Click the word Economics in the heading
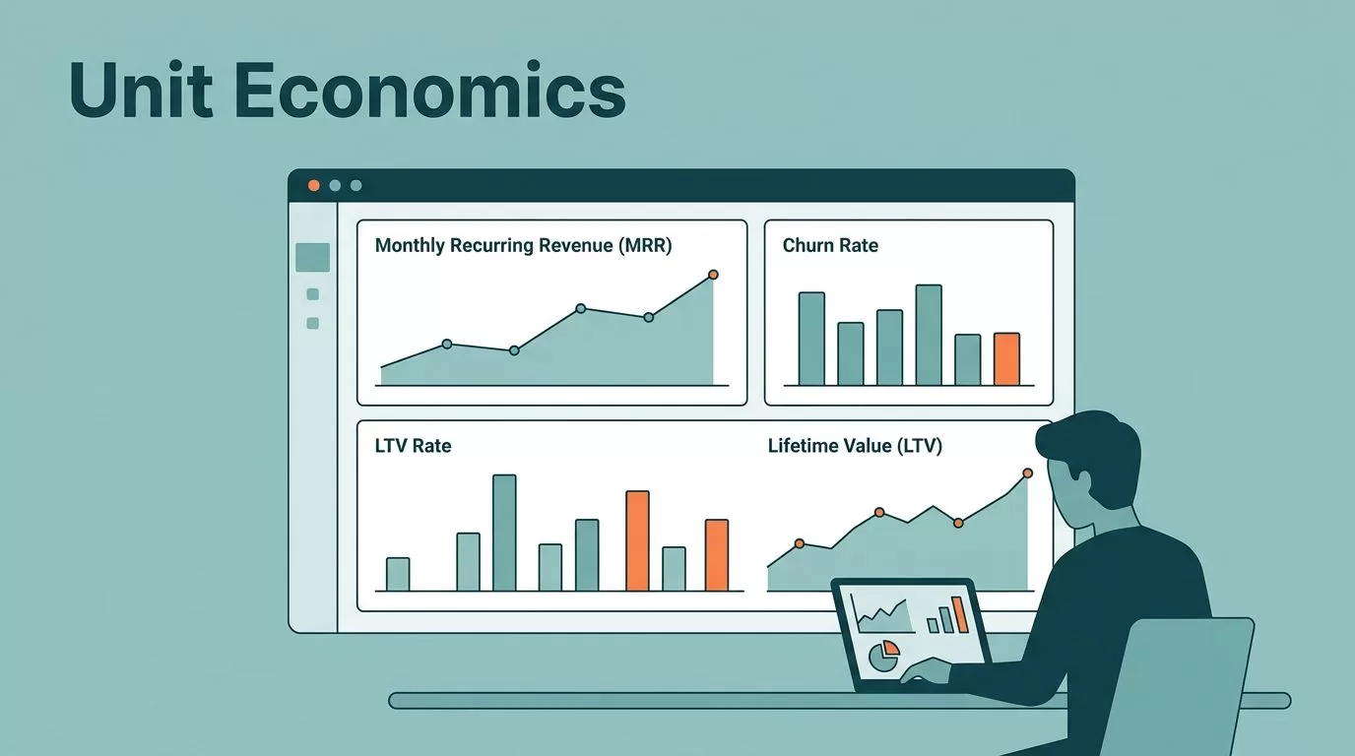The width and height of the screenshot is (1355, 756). [x=429, y=91]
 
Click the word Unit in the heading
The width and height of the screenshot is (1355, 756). [x=141, y=90]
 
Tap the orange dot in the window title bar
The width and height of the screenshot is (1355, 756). [x=313, y=185]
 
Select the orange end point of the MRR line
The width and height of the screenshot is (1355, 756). [x=713, y=275]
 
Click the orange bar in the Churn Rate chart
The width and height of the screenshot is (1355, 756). [x=1006, y=358]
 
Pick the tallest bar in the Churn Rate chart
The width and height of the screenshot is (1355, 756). [x=929, y=335]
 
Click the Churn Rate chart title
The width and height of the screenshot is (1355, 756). [x=830, y=245]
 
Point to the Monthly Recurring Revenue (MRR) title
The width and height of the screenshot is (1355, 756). [x=523, y=245]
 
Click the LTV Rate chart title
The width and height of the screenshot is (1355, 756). [x=414, y=446]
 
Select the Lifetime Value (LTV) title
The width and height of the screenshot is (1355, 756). [x=855, y=446]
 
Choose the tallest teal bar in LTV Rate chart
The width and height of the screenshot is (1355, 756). [x=504, y=533]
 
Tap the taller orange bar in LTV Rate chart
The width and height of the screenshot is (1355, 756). [x=637, y=540]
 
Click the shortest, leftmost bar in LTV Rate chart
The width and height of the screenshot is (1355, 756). [x=398, y=574]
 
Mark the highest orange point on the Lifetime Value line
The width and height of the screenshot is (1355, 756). [x=1028, y=472]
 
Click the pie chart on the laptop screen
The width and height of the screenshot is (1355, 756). [x=883, y=657]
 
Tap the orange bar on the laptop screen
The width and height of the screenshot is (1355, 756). [x=960, y=614]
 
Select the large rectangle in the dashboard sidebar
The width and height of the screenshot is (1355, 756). [x=312, y=258]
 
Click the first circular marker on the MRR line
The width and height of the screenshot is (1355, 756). [x=447, y=345]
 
